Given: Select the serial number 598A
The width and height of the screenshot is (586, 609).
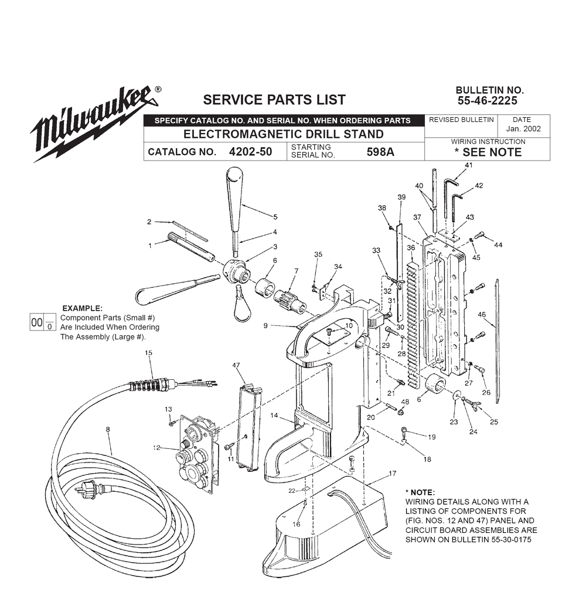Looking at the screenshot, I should click(380, 152).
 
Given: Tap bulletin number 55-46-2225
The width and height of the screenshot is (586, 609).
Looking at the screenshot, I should click(490, 100).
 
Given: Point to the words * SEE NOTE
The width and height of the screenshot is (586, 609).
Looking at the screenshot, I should click(488, 152).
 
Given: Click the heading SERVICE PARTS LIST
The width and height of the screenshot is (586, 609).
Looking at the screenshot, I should click(274, 100).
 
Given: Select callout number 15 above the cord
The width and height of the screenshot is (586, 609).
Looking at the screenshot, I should click(148, 352).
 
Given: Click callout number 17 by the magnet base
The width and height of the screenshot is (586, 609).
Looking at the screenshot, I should click(392, 472).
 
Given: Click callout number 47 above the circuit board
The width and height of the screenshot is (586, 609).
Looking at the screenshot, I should click(236, 365).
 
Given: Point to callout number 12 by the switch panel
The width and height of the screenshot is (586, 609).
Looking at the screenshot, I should click(156, 448).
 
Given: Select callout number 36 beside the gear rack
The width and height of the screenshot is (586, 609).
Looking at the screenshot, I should click(410, 248).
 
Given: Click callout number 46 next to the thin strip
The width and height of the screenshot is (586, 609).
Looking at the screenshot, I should click(482, 315).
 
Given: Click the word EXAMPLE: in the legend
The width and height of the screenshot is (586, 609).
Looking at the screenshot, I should click(82, 308).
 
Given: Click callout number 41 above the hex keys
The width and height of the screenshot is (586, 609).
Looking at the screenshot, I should click(468, 165).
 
